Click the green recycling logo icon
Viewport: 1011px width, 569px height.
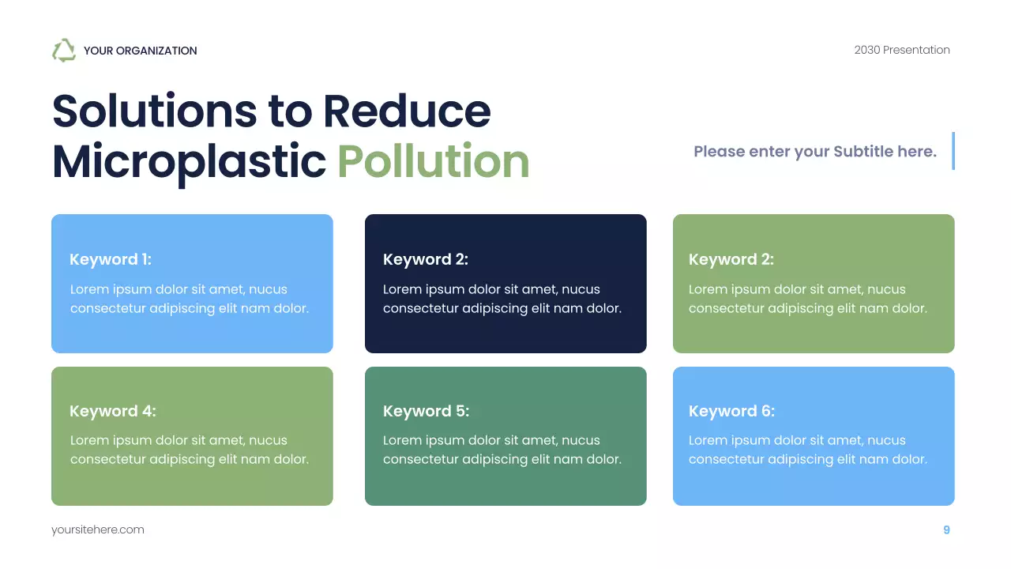click(x=63, y=51)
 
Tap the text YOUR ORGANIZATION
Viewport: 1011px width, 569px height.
click(x=140, y=51)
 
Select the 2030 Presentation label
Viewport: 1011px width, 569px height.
click(x=901, y=50)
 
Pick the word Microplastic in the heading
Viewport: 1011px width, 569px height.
click(x=189, y=161)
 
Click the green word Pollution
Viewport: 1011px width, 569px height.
click(x=433, y=161)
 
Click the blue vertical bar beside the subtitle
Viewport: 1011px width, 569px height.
click(x=953, y=151)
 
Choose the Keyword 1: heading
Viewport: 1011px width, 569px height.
click(x=111, y=259)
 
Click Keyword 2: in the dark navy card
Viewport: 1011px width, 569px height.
click(x=425, y=259)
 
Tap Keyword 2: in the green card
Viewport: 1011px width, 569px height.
click(x=731, y=259)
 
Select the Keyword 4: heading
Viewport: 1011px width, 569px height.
click(x=113, y=411)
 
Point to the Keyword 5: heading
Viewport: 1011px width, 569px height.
click(x=426, y=411)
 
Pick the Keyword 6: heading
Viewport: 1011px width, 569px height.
click(x=731, y=411)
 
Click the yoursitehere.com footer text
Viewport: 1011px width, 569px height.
click(x=98, y=529)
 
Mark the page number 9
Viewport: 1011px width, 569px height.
click(x=946, y=529)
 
